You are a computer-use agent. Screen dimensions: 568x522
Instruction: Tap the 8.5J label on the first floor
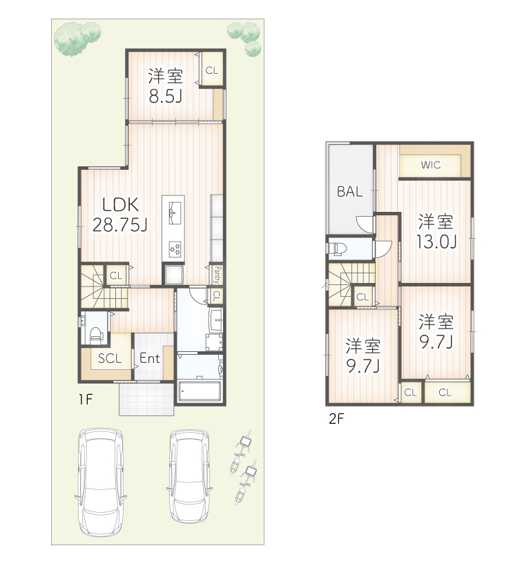166,95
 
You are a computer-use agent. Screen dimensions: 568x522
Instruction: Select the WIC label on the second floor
431,165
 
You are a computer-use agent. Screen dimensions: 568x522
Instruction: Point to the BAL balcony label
350,192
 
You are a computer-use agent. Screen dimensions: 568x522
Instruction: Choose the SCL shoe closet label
110,358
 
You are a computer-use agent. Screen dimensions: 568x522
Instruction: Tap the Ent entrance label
150,358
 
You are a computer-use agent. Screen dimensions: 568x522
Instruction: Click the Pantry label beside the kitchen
216,275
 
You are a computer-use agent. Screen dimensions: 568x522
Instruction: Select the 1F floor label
86,398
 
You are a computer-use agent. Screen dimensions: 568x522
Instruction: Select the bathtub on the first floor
200,390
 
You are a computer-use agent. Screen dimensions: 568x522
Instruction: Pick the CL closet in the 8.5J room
211,70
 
